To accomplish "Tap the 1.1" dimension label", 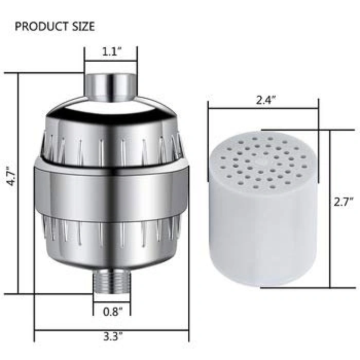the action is point(112,52).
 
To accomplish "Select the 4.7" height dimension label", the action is point(11,176).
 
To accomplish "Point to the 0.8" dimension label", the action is point(113,312).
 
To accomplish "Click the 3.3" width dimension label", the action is point(113,337).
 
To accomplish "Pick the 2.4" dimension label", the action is point(266,100).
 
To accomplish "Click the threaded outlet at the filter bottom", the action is point(112,281).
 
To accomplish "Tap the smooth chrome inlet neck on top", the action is point(112,85).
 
